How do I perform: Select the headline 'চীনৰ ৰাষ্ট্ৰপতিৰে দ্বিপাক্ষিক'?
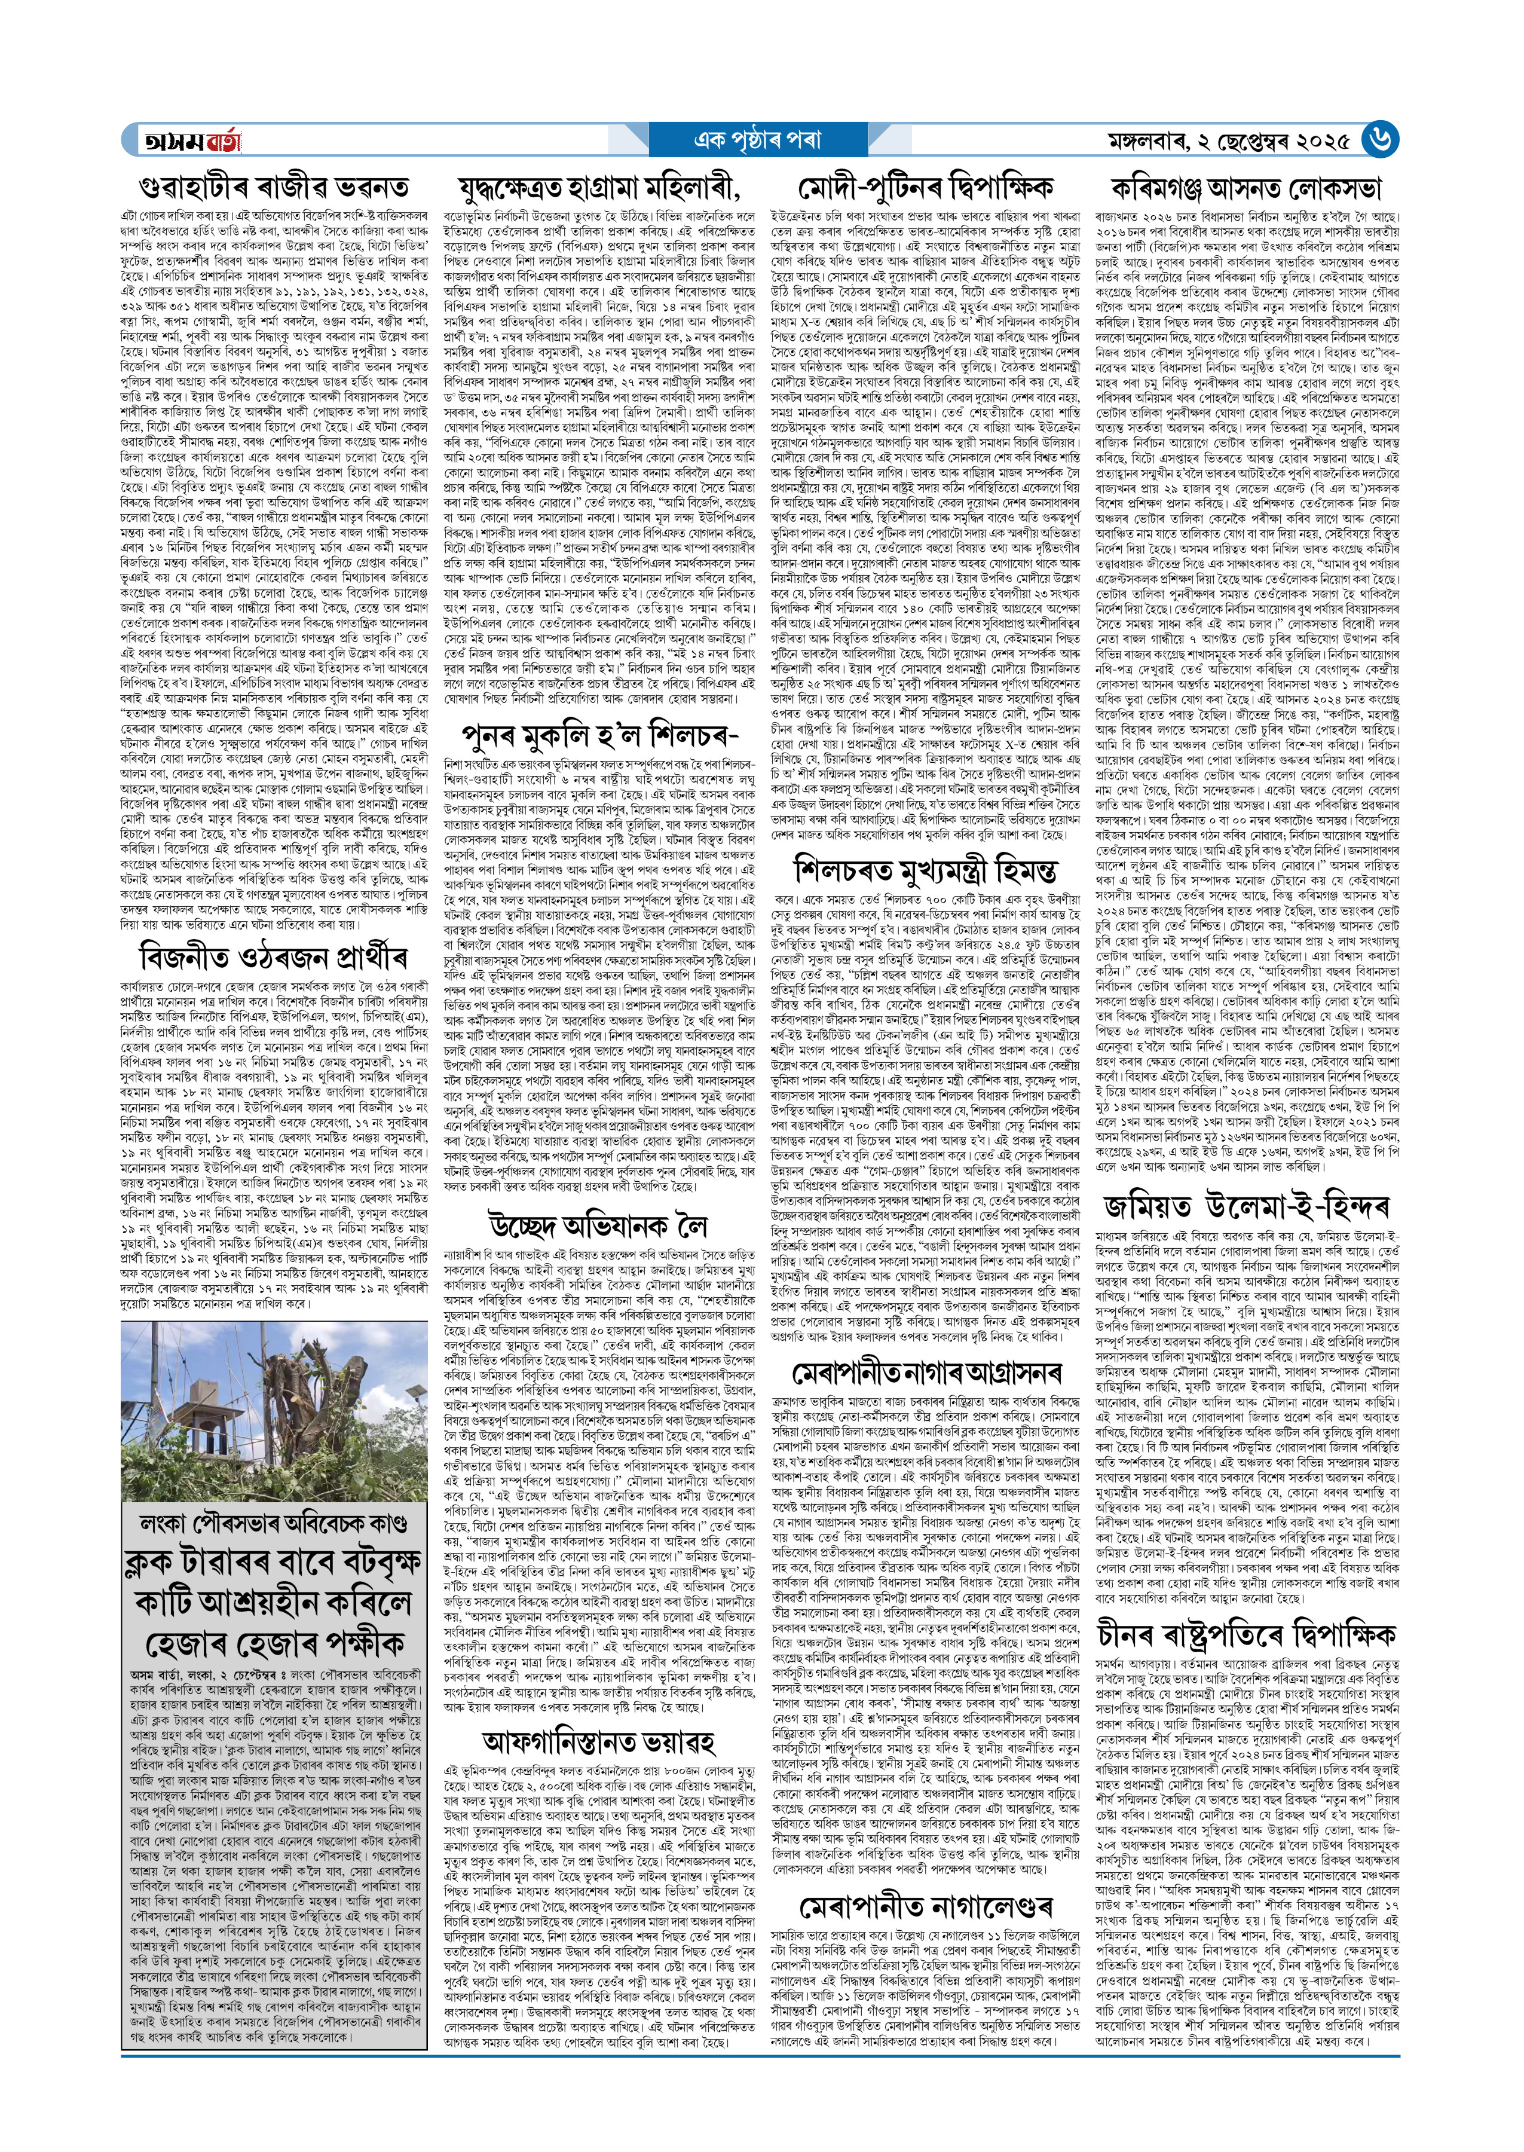pyautogui.click(x=1247, y=1635)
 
